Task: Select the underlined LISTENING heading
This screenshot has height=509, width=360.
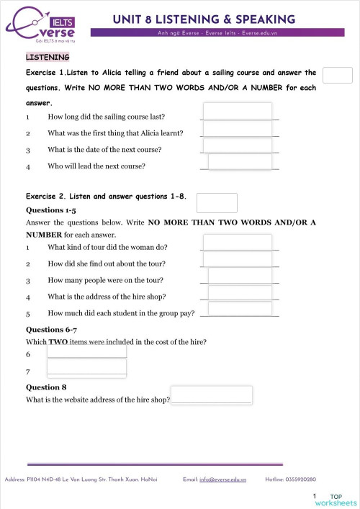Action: click(x=48, y=56)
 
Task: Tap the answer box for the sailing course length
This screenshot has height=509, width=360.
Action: click(x=238, y=111)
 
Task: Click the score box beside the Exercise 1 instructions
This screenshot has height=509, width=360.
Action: click(x=338, y=76)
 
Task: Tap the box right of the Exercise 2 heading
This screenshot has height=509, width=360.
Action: click(x=217, y=203)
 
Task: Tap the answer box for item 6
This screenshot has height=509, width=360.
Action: click(x=86, y=351)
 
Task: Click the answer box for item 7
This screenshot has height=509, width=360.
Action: click(x=86, y=368)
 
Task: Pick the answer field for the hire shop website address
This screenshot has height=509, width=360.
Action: click(x=212, y=395)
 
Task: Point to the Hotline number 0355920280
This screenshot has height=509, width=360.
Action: click(x=302, y=479)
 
